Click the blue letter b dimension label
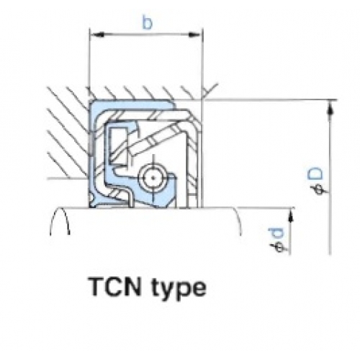(148, 23)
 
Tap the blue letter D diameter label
(315, 174)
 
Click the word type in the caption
(179, 289)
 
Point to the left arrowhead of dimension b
(97, 35)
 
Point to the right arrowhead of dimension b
(194, 35)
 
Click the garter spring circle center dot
(153, 178)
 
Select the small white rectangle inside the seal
(117, 146)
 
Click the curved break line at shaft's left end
(60, 221)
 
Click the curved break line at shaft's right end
(238, 221)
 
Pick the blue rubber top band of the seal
(132, 104)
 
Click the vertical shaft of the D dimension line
(330, 177)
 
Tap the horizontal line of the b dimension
(145, 35)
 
